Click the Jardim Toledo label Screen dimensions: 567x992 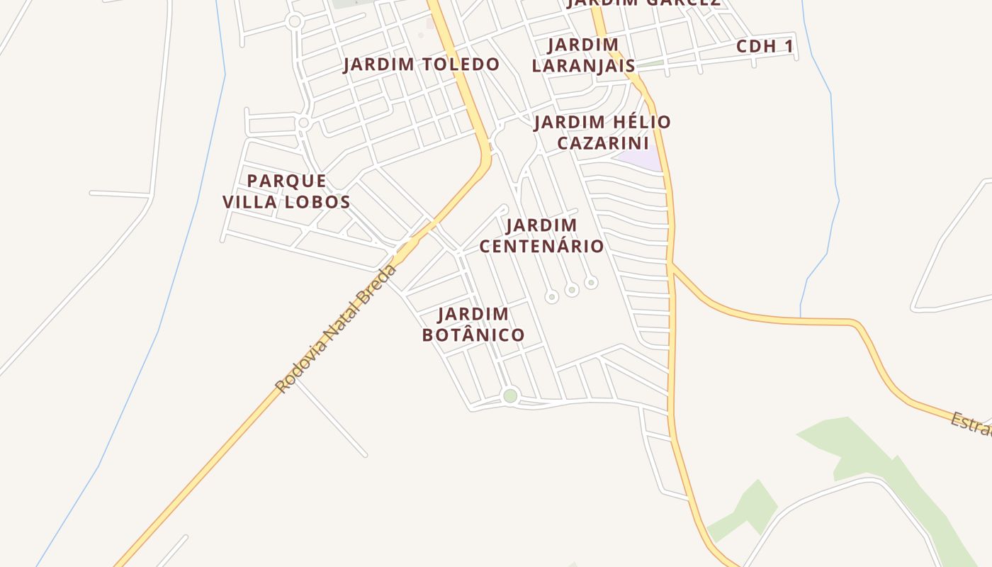(421, 64)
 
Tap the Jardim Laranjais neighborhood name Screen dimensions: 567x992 (584, 55)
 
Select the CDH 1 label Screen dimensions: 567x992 (765, 47)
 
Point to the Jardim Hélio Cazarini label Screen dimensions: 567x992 (602, 133)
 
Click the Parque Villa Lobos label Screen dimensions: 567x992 (286, 191)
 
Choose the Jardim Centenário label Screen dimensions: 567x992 (542, 236)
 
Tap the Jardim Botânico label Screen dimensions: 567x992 (473, 324)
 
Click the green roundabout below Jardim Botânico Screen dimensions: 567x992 (510, 395)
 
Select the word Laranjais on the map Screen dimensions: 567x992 (584, 66)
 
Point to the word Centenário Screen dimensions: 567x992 (542, 247)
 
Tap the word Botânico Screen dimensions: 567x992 (473, 335)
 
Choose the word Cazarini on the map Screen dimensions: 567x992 (602, 143)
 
